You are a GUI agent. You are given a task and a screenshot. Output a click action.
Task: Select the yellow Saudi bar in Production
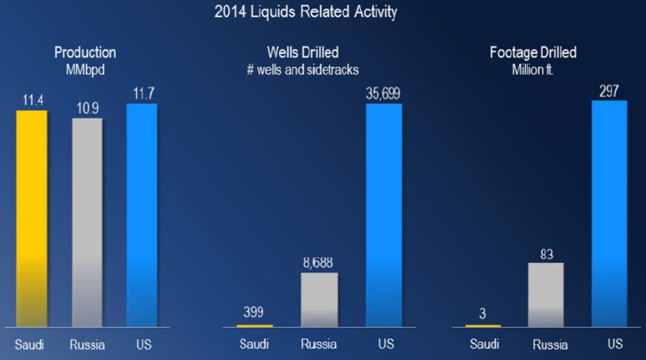click(31, 218)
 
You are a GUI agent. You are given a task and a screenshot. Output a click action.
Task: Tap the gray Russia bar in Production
click(87, 222)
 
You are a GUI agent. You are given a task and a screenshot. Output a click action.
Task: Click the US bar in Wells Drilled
click(384, 215)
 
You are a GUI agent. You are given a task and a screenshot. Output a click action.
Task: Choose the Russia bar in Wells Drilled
click(319, 300)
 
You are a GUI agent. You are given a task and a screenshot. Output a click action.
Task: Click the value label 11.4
click(31, 101)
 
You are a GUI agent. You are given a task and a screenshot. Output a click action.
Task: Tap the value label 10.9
click(87, 108)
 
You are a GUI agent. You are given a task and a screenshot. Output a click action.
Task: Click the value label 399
click(254, 313)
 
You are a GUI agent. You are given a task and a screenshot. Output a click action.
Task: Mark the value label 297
click(610, 91)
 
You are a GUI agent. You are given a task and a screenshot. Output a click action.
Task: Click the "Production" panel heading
click(85, 53)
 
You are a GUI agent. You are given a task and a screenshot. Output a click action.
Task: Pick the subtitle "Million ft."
click(538, 69)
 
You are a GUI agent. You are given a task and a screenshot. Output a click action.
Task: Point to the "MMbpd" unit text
click(85, 69)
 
